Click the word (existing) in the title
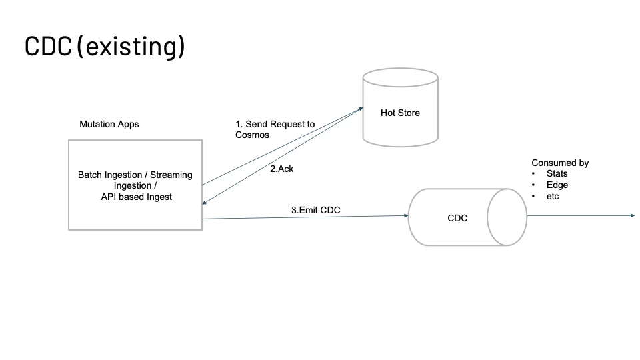tap(131, 46)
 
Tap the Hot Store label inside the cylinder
tap(400, 113)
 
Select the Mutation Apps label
tap(109, 124)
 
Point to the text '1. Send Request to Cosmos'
tap(275, 129)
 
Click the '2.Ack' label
tap(281, 169)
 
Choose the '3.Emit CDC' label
tap(315, 210)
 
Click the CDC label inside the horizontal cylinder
tap(457, 218)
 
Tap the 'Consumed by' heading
tap(560, 163)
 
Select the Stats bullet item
tap(557, 174)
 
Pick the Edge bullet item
tap(557, 185)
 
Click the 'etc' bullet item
tap(553, 197)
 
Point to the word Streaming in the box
tap(171, 175)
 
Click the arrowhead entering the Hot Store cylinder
tap(361, 108)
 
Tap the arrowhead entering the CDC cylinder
tap(405, 216)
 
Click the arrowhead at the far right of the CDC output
tap(631, 215)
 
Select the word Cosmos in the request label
tap(253, 135)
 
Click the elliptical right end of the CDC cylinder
tap(507, 217)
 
